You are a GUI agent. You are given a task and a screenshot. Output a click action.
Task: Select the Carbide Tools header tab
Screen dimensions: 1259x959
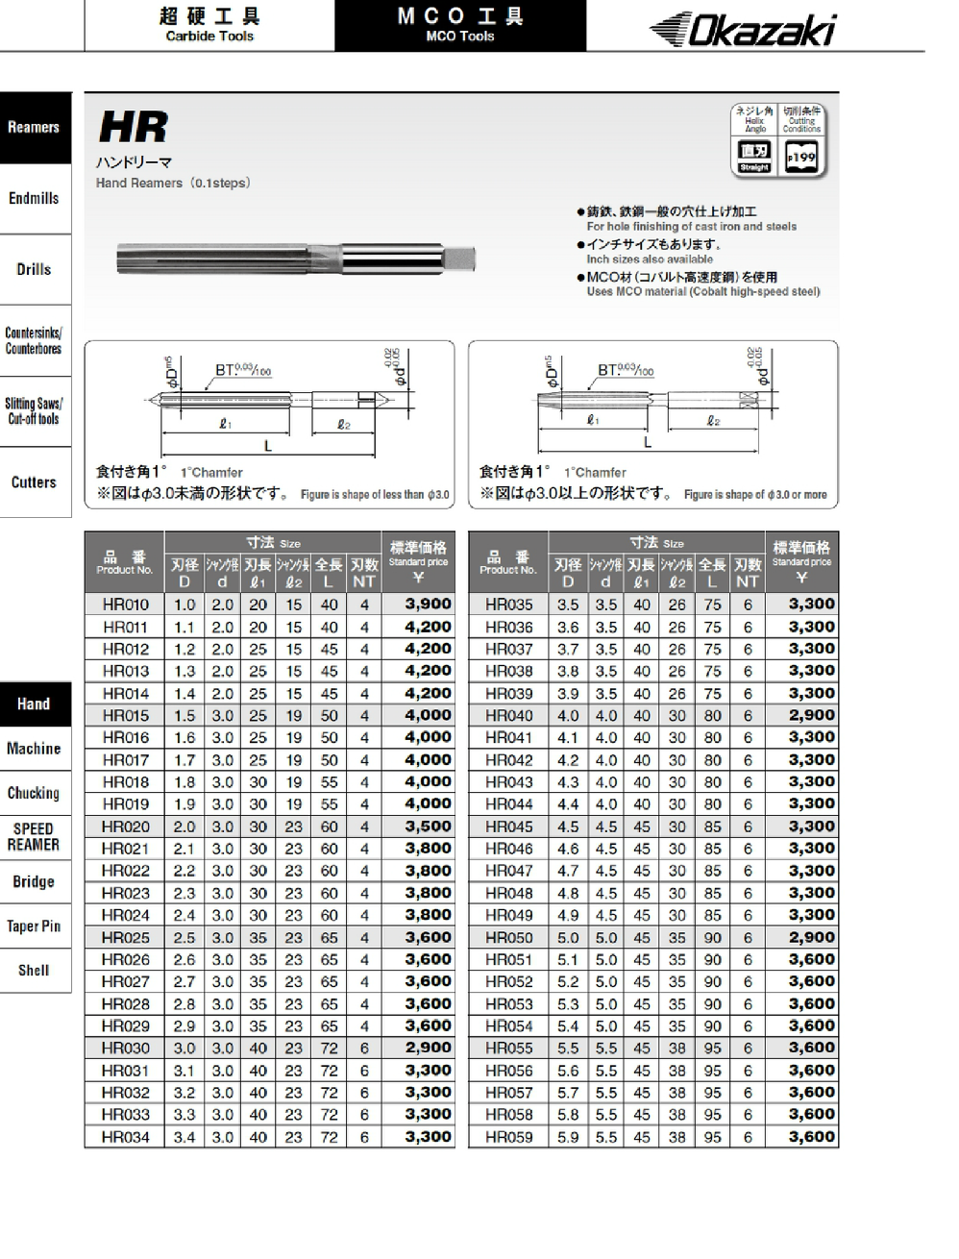209,26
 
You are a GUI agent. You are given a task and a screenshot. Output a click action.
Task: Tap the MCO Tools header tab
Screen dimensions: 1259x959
459,26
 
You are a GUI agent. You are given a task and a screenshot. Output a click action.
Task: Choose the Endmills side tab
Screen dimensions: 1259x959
35,199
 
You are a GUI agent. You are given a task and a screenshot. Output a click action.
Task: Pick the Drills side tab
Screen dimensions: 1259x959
35,270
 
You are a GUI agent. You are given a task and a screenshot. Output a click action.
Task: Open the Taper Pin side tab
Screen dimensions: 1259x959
35,926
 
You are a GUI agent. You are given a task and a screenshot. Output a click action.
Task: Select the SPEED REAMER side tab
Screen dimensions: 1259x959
35,837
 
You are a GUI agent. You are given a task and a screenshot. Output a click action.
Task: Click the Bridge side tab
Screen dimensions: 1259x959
35,882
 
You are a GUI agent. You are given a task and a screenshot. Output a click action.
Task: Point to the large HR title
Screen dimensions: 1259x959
134,127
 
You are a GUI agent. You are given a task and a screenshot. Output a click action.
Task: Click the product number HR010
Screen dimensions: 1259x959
126,605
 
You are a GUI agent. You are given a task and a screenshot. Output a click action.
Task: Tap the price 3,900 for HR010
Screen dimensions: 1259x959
429,605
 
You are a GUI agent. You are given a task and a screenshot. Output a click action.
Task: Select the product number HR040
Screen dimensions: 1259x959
508,715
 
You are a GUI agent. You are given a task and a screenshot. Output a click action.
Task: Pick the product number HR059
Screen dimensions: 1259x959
508,1137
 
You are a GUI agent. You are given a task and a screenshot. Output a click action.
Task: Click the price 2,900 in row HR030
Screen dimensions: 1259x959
429,1049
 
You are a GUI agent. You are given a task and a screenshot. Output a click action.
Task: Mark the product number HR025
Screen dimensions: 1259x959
126,937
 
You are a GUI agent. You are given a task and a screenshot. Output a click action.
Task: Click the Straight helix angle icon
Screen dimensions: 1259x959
754,156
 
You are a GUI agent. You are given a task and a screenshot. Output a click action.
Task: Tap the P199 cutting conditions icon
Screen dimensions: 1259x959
801,156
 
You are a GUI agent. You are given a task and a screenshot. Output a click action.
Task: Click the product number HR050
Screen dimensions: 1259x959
508,937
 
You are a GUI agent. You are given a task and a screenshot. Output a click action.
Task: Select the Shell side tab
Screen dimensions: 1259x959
35,971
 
